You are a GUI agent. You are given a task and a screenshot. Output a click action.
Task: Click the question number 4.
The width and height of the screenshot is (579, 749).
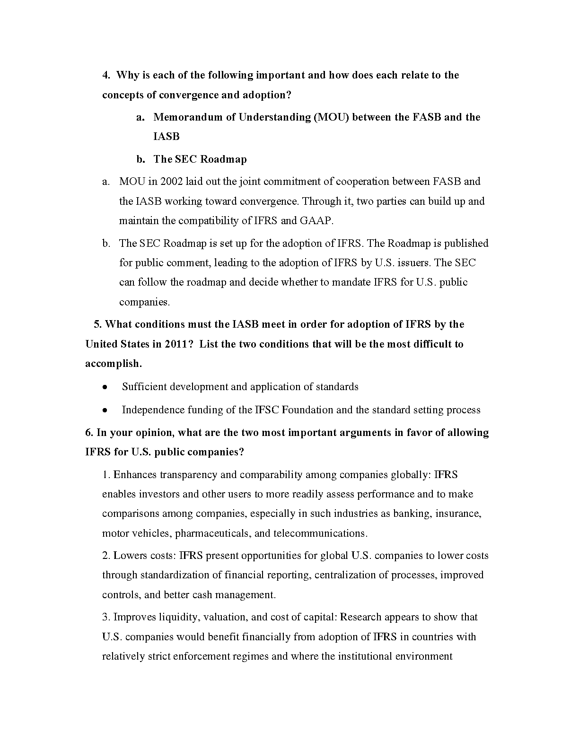click(106, 75)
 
